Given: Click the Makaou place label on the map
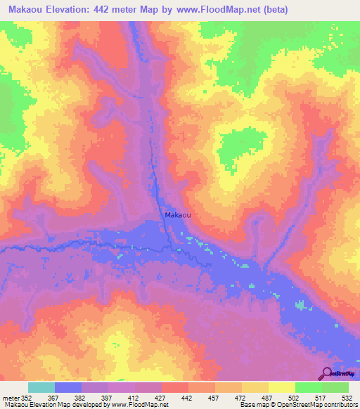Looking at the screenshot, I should tap(177, 216).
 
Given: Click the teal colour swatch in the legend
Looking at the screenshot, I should tap(41, 387).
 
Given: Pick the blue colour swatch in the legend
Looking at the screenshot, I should tap(67, 387).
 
